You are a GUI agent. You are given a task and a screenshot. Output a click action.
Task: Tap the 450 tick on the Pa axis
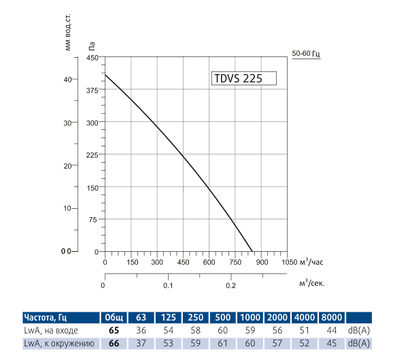(x=92, y=58)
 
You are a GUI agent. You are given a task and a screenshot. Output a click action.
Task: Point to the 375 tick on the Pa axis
(x=92, y=90)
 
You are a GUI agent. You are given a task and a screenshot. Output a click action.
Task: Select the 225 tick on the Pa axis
(x=92, y=154)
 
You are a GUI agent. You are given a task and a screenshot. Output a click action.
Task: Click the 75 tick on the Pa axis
(x=92, y=219)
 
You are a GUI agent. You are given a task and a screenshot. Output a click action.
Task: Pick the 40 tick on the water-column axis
(x=67, y=79)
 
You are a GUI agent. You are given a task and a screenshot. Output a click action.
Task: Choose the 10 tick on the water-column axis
(x=67, y=208)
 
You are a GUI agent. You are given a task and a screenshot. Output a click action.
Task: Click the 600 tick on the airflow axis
(x=209, y=262)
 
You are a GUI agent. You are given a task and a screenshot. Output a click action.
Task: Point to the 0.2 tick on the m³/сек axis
(x=231, y=285)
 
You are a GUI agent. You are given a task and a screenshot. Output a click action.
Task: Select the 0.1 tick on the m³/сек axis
(x=168, y=285)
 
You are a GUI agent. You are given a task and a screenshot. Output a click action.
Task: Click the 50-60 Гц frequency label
(x=305, y=53)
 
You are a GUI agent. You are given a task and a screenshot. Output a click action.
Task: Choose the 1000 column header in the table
(x=250, y=317)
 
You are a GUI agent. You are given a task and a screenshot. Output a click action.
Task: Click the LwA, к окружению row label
(x=54, y=342)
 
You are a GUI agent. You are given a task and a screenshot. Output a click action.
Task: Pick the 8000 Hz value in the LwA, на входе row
(x=331, y=330)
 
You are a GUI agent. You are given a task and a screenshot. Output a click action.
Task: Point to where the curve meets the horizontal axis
(x=252, y=251)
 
